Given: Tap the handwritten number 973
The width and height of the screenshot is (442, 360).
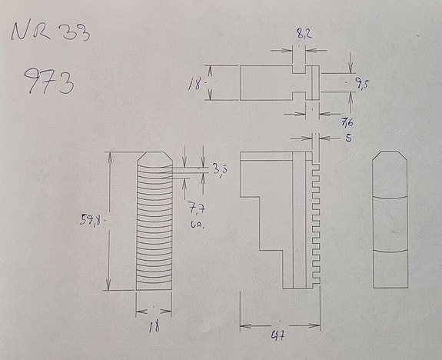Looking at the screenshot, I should click(x=49, y=81).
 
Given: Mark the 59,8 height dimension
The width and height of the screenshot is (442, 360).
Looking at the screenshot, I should click(x=91, y=220).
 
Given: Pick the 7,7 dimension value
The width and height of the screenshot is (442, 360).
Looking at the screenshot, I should click(x=195, y=207).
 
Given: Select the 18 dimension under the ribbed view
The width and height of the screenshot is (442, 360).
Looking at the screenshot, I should click(x=154, y=325).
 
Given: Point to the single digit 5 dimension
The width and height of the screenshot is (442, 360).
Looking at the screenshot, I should click(x=347, y=138).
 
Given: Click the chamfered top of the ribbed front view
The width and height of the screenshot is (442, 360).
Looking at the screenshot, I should click(x=154, y=160).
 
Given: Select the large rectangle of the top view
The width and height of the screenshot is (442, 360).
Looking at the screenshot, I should click(x=266, y=82).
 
